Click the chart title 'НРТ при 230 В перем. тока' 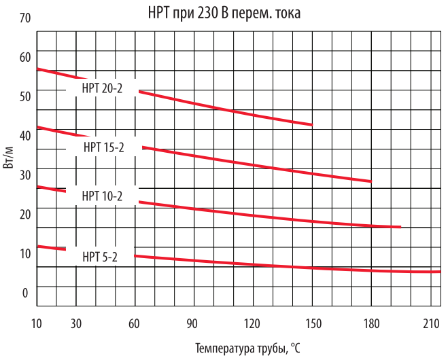click(x=224, y=13)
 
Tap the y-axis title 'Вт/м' click(x=10, y=158)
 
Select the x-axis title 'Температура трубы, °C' click(x=247, y=348)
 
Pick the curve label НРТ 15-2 click(x=103, y=146)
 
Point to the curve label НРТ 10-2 click(x=102, y=196)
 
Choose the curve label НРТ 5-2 click(x=100, y=256)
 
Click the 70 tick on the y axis click(x=26, y=18)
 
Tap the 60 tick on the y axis click(x=26, y=57)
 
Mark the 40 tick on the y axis click(x=26, y=136)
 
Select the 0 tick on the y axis click(x=26, y=293)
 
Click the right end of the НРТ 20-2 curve click(x=311, y=124)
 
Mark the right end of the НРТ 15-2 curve click(x=371, y=181)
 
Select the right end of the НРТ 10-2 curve click(x=400, y=227)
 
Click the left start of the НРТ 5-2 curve click(x=38, y=246)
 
